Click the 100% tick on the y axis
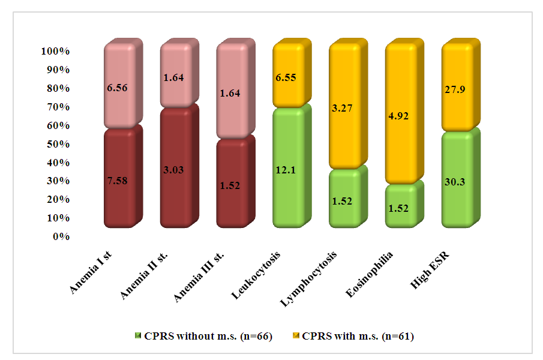(x=56, y=52)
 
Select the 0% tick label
(x=61, y=236)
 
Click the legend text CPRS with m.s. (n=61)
(x=358, y=336)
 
